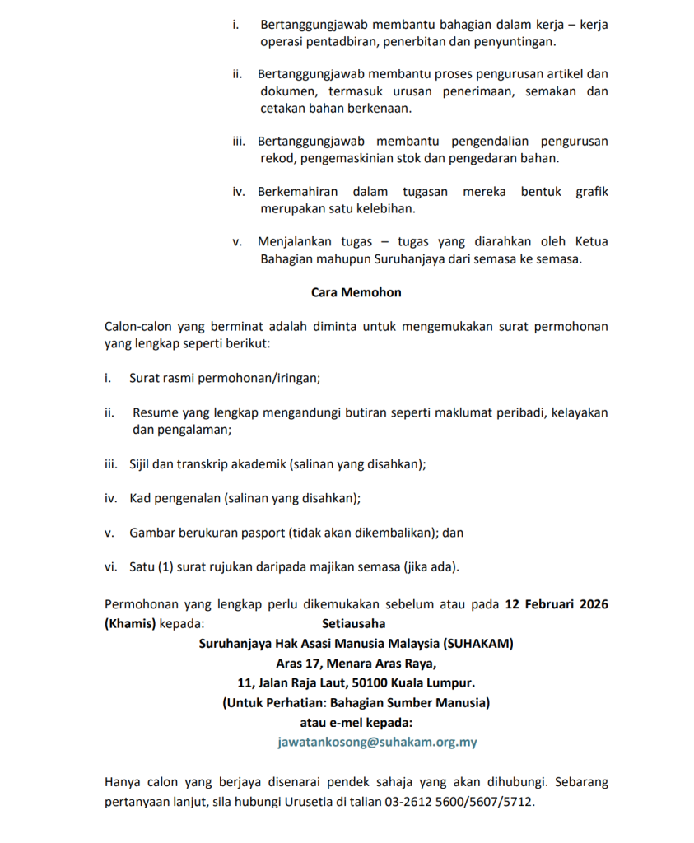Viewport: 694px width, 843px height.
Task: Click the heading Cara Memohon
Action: click(x=356, y=291)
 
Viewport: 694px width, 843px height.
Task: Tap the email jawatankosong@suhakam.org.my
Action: click(x=378, y=742)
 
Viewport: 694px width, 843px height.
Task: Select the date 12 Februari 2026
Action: click(x=557, y=604)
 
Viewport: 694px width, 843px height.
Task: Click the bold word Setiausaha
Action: click(x=353, y=623)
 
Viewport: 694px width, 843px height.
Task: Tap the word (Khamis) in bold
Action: click(x=130, y=623)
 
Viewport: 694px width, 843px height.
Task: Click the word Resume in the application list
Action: click(x=154, y=412)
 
